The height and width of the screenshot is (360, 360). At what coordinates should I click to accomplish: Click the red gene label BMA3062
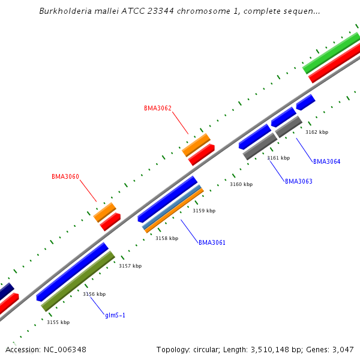point(158,109)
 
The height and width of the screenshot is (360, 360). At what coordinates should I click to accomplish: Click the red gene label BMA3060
point(65,177)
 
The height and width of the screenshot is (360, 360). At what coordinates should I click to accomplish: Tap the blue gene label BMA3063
point(298,181)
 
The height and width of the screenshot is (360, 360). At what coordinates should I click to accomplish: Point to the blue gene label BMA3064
point(326,161)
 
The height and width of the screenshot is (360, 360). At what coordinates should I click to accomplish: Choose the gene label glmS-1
point(115,315)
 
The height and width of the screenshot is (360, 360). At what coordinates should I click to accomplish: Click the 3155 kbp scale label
point(58,322)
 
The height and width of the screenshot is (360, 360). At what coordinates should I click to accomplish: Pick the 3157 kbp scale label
point(130,266)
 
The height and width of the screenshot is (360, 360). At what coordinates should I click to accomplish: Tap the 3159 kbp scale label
point(204,211)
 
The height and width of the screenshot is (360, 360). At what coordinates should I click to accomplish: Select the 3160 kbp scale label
point(241,184)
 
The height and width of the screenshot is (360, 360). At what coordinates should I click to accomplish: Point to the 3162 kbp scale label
point(317,132)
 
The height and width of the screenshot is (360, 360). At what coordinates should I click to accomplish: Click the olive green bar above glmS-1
point(78,281)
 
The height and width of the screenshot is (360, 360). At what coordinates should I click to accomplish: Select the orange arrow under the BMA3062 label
point(196,145)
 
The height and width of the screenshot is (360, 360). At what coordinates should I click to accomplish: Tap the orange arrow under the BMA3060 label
point(105,212)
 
